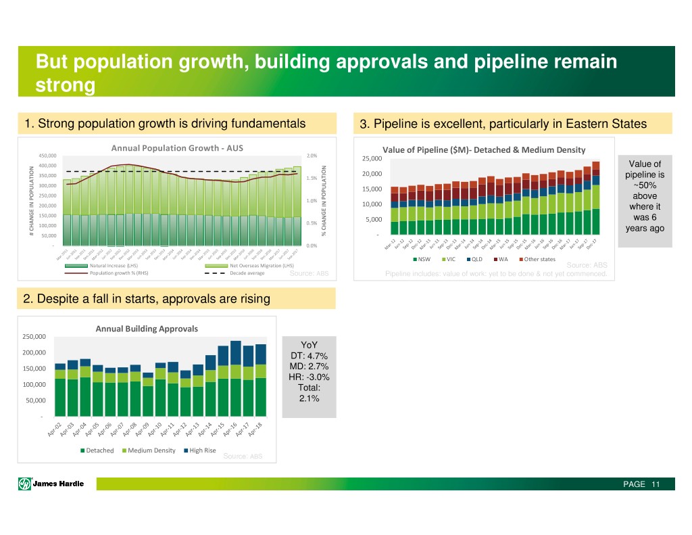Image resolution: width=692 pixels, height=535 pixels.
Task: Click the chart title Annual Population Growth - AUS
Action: (x=177, y=148)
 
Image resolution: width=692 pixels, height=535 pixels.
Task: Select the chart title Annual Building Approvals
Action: (x=147, y=329)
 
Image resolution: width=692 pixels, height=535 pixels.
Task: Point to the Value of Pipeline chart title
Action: (x=483, y=149)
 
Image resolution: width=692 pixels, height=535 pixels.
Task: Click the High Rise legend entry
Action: (x=200, y=450)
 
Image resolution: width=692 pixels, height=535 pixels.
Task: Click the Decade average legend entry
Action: (x=247, y=274)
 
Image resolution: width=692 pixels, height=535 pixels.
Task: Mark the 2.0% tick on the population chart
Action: (x=312, y=156)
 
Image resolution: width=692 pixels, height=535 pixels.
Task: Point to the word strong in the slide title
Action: (x=66, y=87)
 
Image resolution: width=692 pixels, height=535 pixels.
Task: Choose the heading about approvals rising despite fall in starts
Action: (x=147, y=298)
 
